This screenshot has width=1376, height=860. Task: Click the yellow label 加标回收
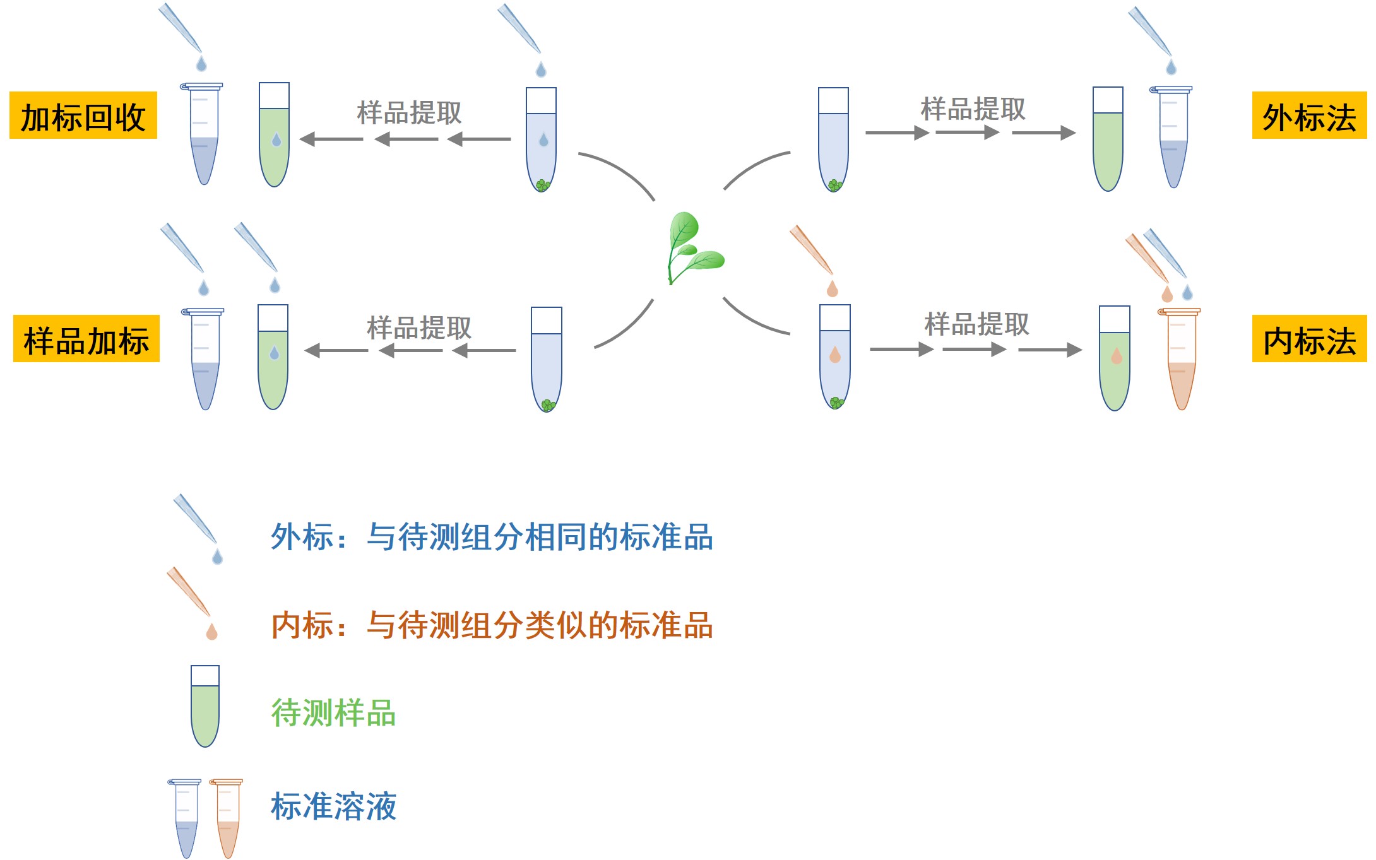tap(83, 115)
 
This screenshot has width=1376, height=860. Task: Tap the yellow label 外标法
tap(1308, 115)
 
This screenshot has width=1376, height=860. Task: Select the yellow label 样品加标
tap(86, 339)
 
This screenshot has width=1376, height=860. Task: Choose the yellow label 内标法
tap(1308, 339)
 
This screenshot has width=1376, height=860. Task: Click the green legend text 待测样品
tap(333, 713)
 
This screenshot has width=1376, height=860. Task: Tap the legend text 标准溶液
tap(333, 806)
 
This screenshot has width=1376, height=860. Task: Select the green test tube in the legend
tap(205, 707)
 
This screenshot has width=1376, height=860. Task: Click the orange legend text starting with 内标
tap(492, 625)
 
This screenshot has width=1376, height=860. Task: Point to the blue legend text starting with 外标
tap(492, 536)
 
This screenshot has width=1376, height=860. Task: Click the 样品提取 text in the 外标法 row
tap(973, 109)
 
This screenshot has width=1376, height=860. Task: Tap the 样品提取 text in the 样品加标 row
tap(419, 327)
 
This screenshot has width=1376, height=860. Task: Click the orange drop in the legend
tap(212, 632)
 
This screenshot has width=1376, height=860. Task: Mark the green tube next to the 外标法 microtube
tap(1108, 139)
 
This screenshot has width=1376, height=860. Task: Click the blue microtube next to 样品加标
tap(205, 360)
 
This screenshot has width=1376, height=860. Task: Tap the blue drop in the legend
tap(218, 557)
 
